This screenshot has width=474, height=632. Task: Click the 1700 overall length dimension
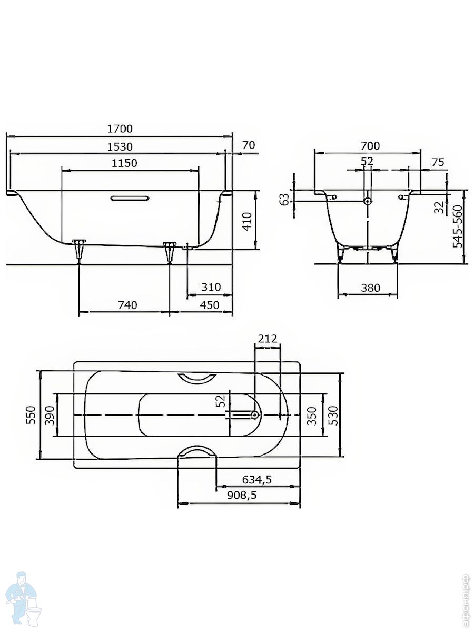pyautogui.click(x=120, y=129)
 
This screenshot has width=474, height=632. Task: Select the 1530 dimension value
pyautogui.click(x=120, y=147)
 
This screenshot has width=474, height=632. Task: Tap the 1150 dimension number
pyautogui.click(x=124, y=163)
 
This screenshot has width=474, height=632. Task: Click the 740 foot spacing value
pyautogui.click(x=127, y=305)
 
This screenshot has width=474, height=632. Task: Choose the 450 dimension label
pyautogui.click(x=210, y=305)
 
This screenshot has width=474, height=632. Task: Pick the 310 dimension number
pyautogui.click(x=211, y=287)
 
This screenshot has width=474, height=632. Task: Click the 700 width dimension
pyautogui.click(x=370, y=146)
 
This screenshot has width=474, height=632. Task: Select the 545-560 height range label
pyautogui.click(x=458, y=226)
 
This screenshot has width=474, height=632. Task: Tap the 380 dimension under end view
pyautogui.click(x=370, y=288)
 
